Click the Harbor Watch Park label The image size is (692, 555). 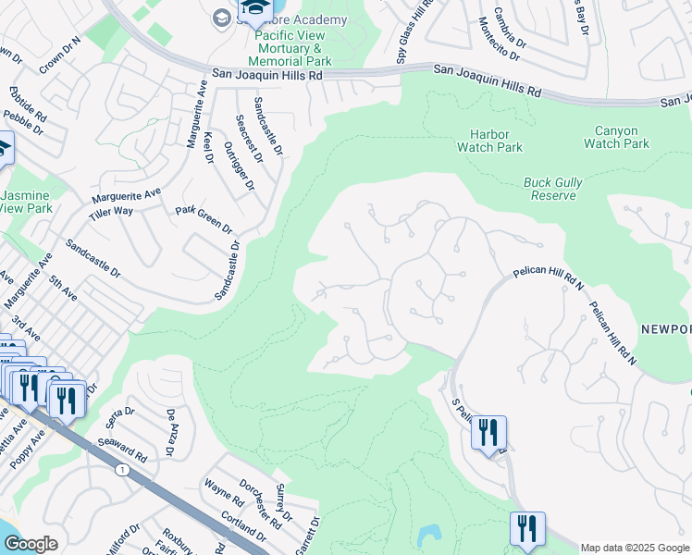pyautogui.click(x=489, y=141)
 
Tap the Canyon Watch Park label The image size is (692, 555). pyautogui.click(x=616, y=137)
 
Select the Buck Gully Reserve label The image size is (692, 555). pyautogui.click(x=552, y=189)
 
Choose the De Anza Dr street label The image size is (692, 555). pyautogui.click(x=170, y=433)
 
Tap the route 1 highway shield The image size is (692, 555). pyautogui.click(x=122, y=471)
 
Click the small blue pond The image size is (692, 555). pyautogui.click(x=428, y=536)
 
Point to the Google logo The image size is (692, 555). pyautogui.click(x=31, y=544)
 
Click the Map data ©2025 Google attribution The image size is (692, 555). pyautogui.click(x=634, y=548)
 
